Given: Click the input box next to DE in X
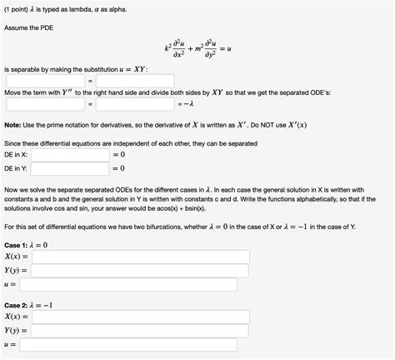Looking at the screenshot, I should (x=73, y=155).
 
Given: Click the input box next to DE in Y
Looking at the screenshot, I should (x=73, y=168).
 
